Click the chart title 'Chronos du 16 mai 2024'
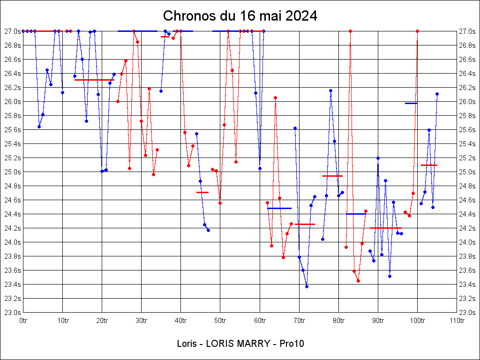point(240,16)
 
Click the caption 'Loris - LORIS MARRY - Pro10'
point(240,344)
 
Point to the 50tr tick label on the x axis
point(220,321)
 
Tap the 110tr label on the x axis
point(457,321)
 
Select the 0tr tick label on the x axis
point(23,321)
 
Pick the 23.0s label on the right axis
point(467,313)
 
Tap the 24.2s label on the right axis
point(467,228)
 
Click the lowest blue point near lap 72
point(307,286)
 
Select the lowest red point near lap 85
point(358,281)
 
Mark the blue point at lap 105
point(437,94)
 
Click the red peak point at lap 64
point(275,97)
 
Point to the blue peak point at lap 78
point(330,90)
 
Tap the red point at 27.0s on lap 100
point(417,31)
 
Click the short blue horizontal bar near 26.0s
point(411,103)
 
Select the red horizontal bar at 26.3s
point(94,80)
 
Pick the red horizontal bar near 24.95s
point(332,176)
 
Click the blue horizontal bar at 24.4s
point(356,214)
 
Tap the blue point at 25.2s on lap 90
point(378,158)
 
